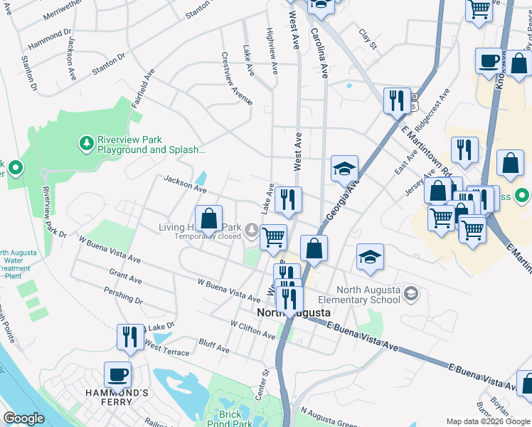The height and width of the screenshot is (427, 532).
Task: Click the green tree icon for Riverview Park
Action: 86,144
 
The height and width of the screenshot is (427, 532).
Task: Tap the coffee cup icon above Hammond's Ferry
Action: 117,374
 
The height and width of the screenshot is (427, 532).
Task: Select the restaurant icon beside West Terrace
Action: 129,337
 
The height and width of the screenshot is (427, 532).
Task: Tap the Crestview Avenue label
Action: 237,78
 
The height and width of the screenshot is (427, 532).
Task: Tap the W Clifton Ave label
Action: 252,329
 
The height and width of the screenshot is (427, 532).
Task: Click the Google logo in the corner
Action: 23,418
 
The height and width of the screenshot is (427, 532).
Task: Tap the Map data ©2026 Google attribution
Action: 488,421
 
